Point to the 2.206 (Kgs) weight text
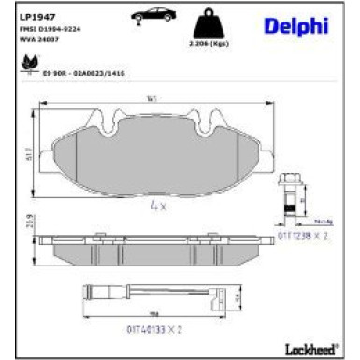(209, 44)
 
